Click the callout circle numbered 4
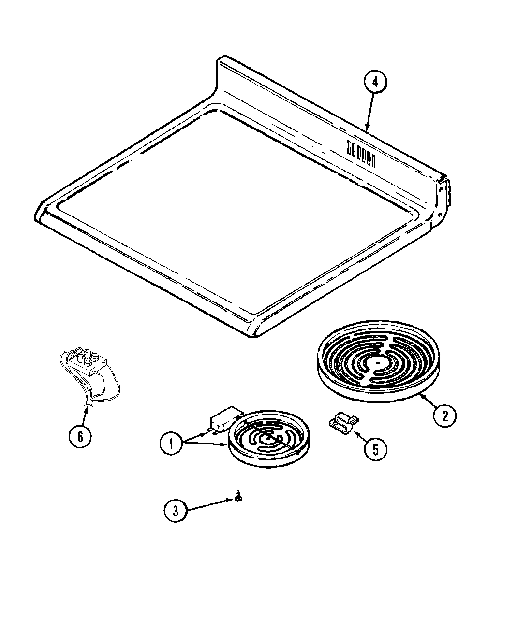tap(376, 83)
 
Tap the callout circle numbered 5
tap(376, 449)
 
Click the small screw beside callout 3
tap(238, 495)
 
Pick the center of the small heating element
tap(267, 438)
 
